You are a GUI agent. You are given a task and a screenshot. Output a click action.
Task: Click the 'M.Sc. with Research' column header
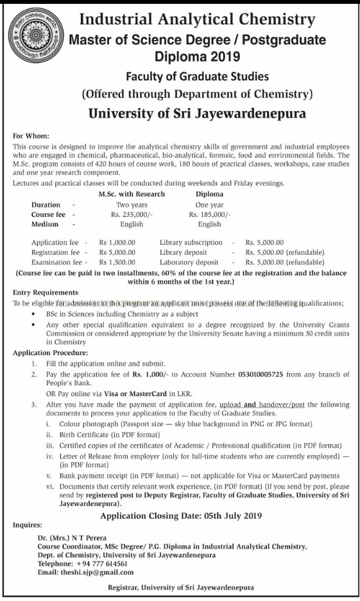coord(127,193)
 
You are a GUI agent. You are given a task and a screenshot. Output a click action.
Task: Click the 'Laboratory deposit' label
coord(189,262)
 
